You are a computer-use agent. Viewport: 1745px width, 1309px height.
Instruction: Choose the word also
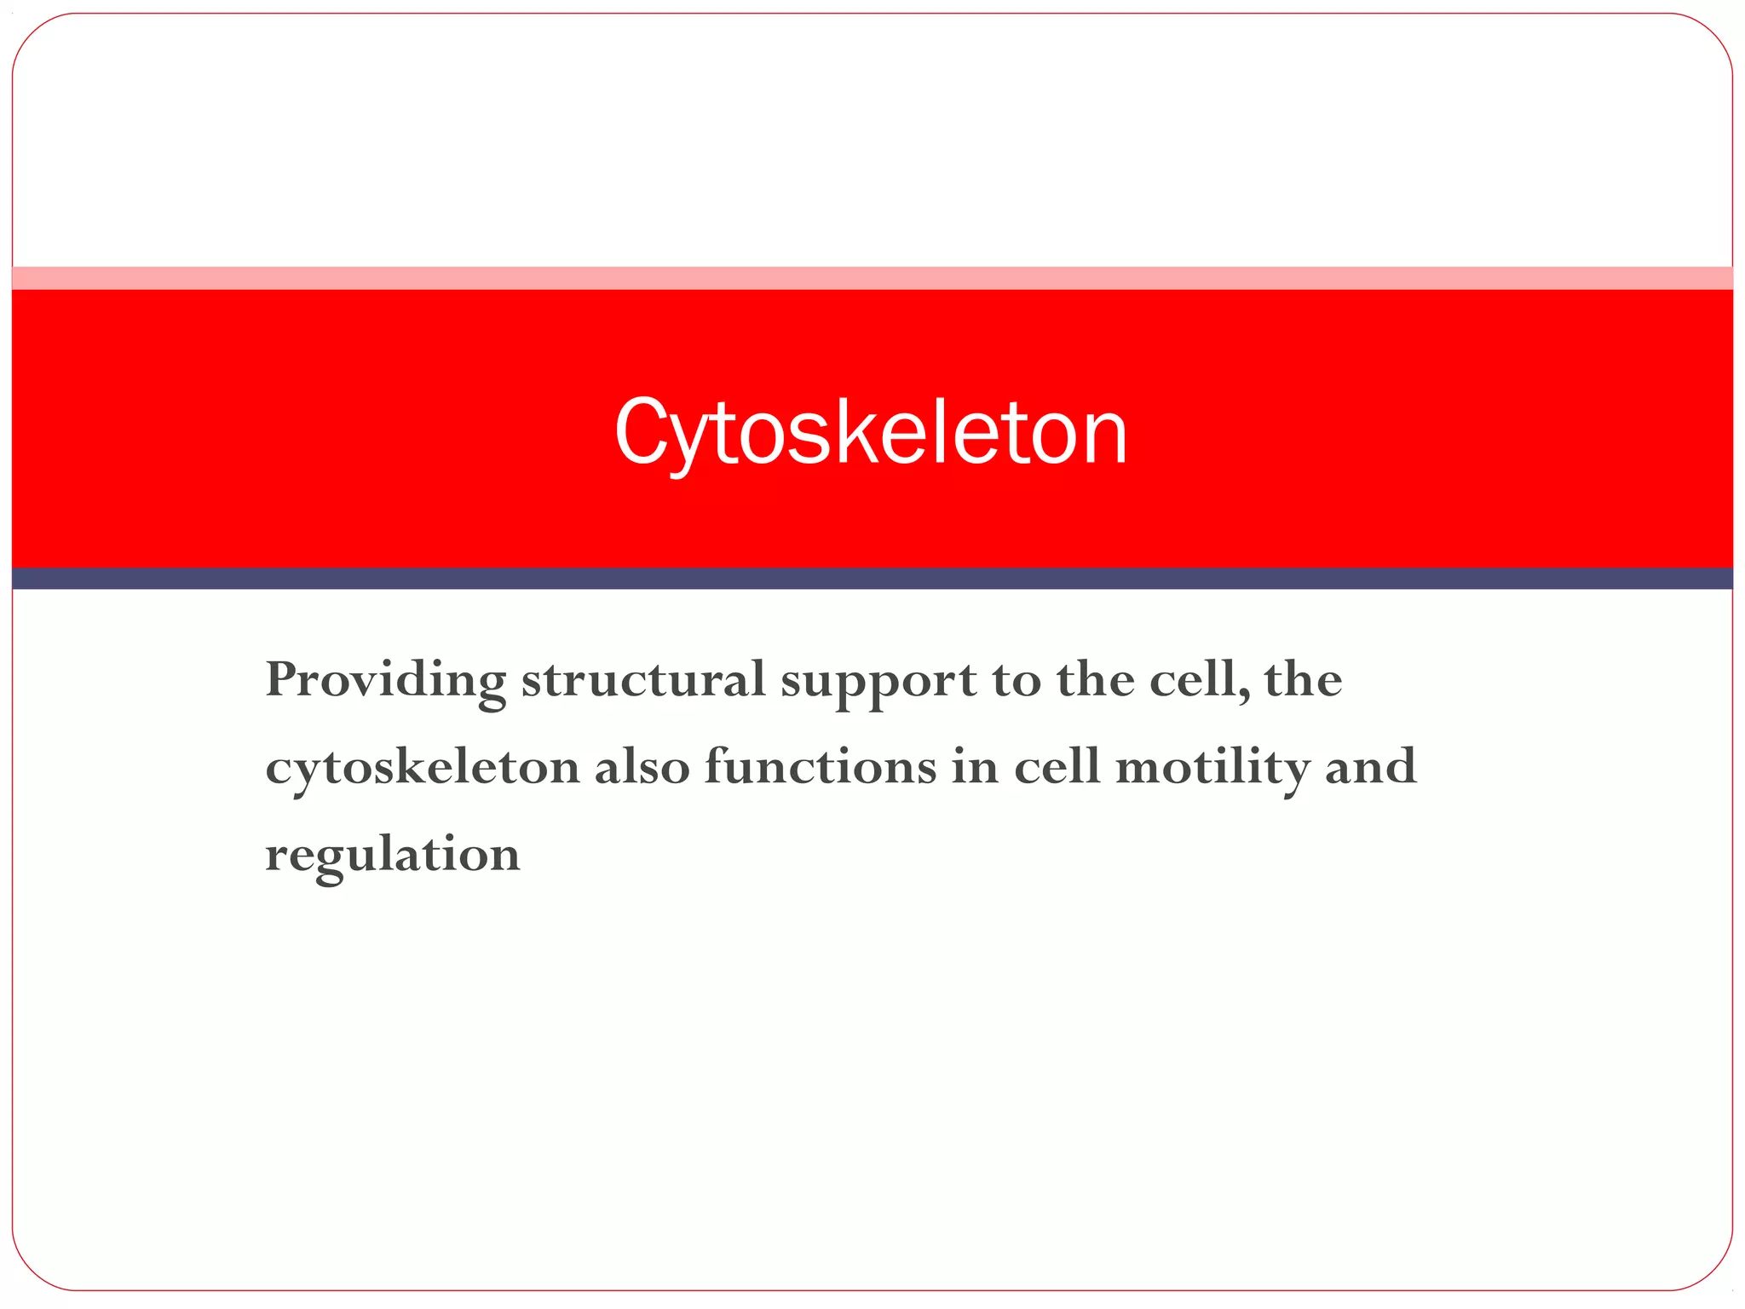[x=642, y=766]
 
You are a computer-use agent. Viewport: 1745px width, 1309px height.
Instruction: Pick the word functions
[x=821, y=766]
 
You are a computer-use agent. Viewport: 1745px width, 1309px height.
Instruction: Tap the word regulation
[x=393, y=855]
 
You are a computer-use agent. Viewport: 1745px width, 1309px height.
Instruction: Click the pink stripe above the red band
[x=872, y=278]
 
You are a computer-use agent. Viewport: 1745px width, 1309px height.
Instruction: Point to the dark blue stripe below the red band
[x=872, y=579]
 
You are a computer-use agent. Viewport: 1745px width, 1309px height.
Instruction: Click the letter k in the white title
[x=853, y=430]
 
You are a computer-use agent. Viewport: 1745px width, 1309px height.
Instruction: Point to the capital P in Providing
[x=282, y=679]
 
